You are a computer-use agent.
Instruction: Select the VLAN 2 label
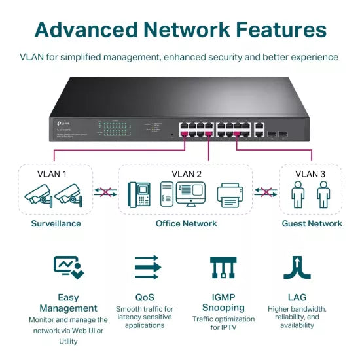tap(186, 174)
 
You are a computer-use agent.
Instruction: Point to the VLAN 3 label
tap(310, 174)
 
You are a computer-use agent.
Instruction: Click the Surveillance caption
tap(56, 223)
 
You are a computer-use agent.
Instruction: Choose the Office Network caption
tap(186, 223)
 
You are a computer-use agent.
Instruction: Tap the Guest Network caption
tap(312, 223)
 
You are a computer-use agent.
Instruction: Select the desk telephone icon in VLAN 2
tap(139, 194)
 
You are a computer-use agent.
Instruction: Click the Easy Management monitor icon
tap(68, 267)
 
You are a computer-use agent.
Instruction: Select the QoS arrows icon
tap(147, 267)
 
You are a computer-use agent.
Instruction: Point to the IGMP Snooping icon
tap(223, 267)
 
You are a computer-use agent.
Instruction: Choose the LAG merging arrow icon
tap(297, 267)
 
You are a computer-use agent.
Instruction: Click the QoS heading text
tap(144, 297)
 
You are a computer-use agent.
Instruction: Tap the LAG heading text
tap(297, 297)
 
